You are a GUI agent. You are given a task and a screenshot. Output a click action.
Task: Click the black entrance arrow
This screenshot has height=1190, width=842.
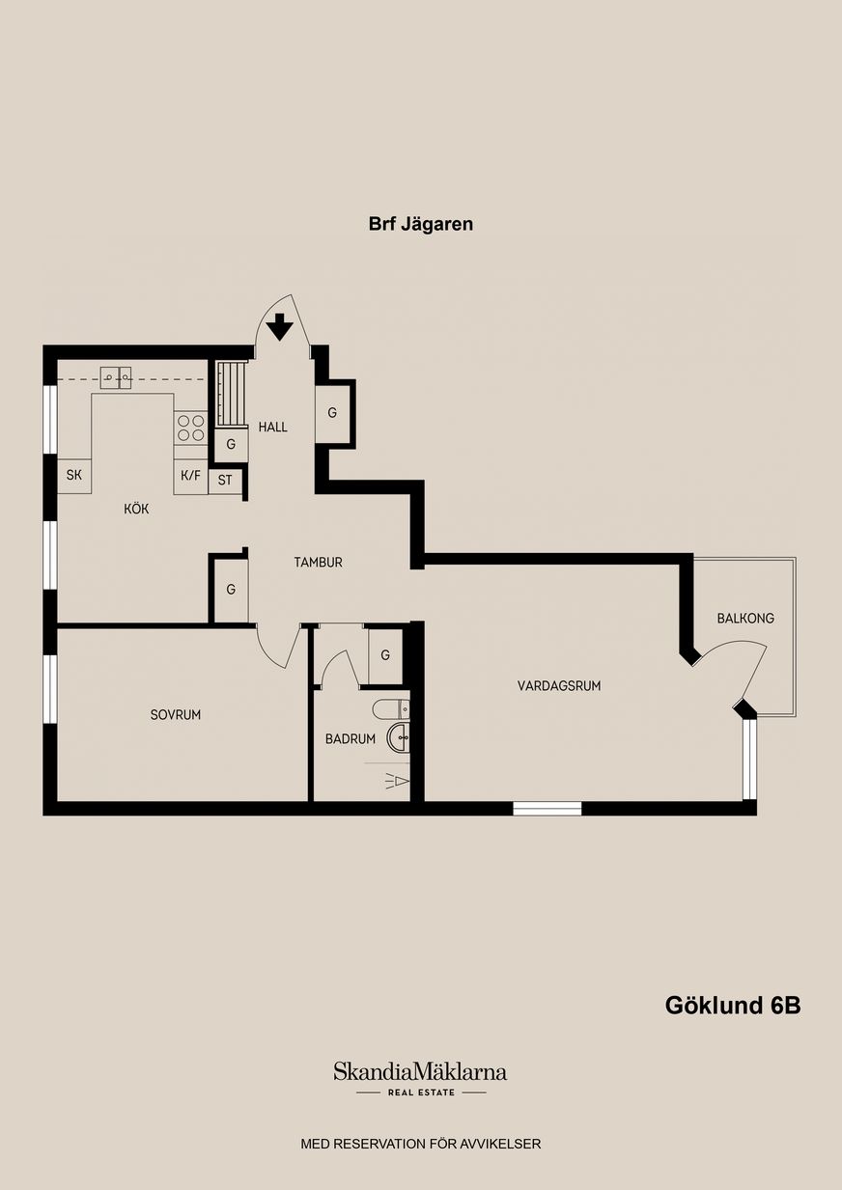coord(280,326)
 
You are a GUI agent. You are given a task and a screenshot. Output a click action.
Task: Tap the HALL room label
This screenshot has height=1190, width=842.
coord(272,427)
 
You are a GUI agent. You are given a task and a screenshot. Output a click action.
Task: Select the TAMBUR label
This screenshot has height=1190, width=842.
coord(318,562)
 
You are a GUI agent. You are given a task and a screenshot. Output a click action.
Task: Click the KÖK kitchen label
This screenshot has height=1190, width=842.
coord(136,509)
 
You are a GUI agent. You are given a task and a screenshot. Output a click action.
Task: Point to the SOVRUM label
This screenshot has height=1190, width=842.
coord(176,714)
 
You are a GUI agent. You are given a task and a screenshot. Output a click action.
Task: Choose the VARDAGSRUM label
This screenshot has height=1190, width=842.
coord(559,685)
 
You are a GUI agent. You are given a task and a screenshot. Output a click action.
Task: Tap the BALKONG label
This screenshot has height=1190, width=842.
coord(745,618)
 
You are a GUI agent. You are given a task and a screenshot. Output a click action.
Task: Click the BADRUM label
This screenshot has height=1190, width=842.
coord(351,738)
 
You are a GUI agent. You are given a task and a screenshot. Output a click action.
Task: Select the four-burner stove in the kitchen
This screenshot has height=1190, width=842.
coord(191,428)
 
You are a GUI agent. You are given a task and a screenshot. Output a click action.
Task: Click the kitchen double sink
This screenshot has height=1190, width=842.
coord(116,378)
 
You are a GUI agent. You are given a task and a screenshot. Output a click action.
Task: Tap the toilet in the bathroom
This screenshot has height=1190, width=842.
coord(391,709)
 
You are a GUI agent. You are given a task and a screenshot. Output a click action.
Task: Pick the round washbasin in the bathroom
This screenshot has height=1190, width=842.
coord(399,738)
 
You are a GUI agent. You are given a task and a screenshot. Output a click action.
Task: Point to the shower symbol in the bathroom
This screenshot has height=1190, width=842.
coord(398,782)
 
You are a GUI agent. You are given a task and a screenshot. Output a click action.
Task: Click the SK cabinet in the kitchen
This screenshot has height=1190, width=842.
coord(74,475)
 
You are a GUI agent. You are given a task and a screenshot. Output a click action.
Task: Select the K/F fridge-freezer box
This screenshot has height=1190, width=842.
coord(190,476)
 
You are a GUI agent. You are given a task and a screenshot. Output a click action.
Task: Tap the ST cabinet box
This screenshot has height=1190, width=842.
coord(225,480)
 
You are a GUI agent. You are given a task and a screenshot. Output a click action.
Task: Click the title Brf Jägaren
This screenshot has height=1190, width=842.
coord(420,224)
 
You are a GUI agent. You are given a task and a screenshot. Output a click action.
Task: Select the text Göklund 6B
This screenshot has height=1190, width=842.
coord(733,1005)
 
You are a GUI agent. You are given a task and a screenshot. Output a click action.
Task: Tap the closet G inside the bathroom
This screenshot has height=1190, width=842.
coord(385,655)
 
